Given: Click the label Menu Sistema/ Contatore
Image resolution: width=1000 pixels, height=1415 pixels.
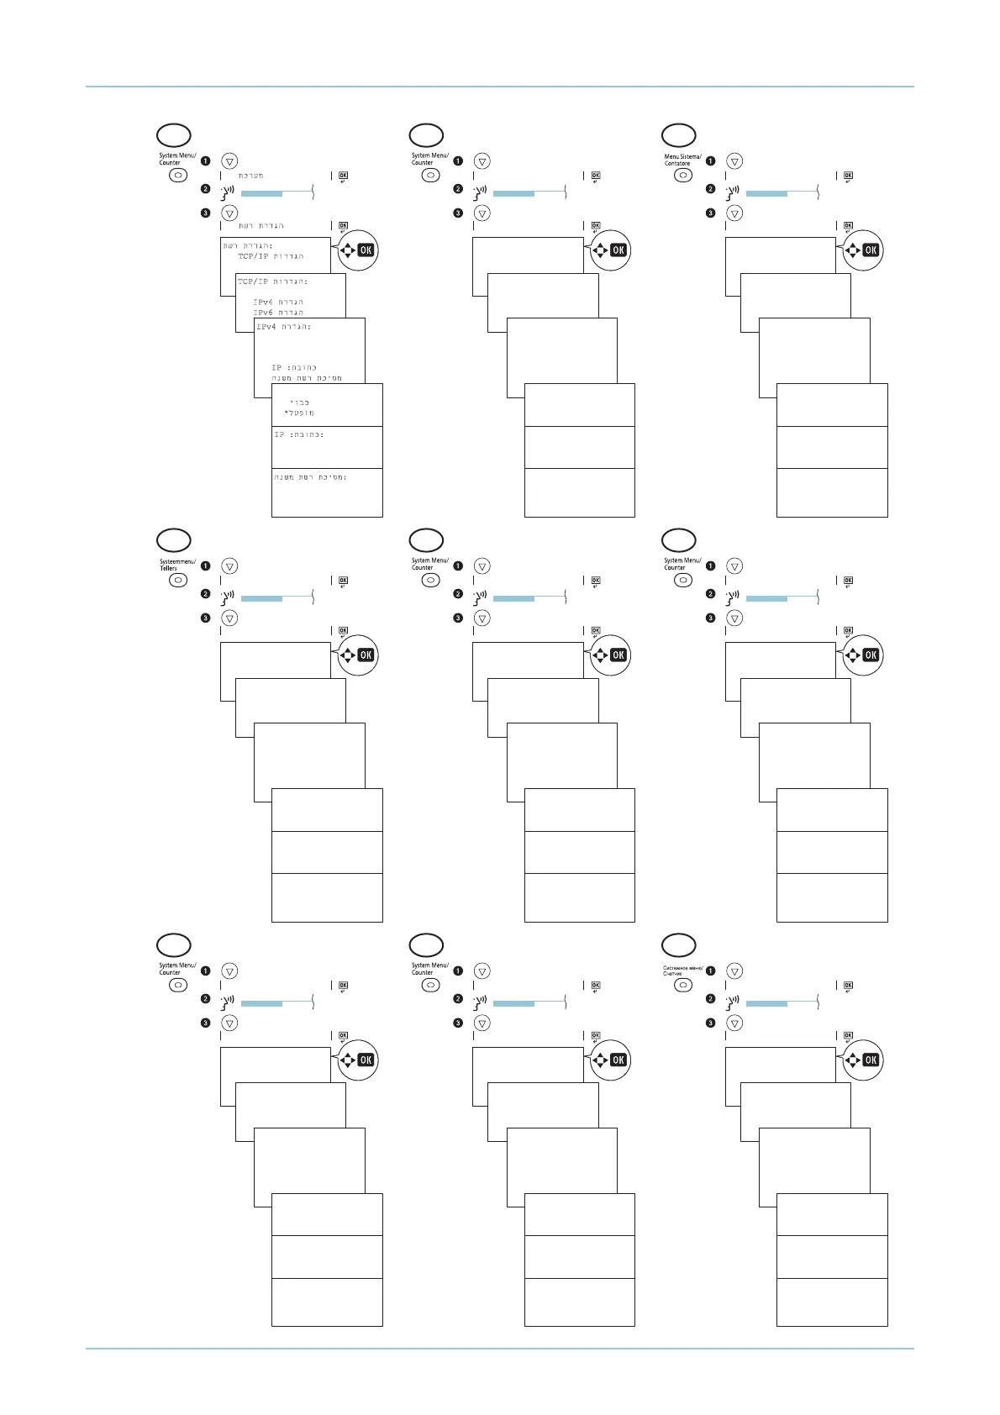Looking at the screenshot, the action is (682, 160).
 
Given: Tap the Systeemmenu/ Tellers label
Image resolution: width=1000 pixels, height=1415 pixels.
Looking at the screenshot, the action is (177, 565).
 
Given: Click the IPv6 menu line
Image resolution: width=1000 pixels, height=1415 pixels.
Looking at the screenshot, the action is (278, 313).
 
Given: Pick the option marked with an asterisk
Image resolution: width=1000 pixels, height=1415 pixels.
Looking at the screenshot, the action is (299, 413).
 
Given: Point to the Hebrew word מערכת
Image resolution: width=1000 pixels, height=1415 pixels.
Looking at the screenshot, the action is (251, 176).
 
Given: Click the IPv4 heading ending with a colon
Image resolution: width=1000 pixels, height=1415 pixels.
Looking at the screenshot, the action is (284, 327).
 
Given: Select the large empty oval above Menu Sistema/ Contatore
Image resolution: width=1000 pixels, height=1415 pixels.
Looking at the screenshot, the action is (679, 135).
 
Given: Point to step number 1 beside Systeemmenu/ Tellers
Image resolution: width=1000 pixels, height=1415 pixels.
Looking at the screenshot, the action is (205, 566).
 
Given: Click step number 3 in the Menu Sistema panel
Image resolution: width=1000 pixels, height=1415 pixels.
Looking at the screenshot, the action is (710, 213).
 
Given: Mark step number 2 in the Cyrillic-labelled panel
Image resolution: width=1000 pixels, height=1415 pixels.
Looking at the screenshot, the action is (710, 999).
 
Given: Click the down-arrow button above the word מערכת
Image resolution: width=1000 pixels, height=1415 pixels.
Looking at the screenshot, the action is (229, 161).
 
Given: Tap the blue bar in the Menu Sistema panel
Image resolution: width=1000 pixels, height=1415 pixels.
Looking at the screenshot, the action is (766, 194).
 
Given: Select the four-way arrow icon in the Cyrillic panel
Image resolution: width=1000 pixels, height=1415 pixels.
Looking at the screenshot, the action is (851, 1060).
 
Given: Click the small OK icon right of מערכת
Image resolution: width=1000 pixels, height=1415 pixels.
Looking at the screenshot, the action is (343, 176).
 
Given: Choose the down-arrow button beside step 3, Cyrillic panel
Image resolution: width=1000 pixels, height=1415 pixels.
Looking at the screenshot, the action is (734, 1023).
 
